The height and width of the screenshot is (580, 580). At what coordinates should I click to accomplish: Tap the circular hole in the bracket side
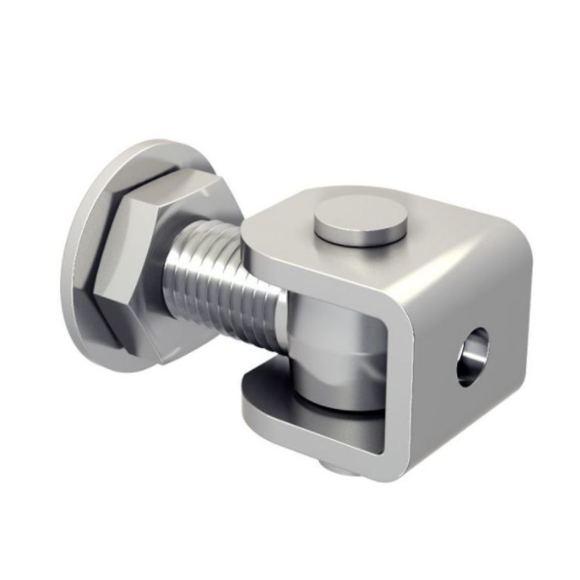pos(473,357)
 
